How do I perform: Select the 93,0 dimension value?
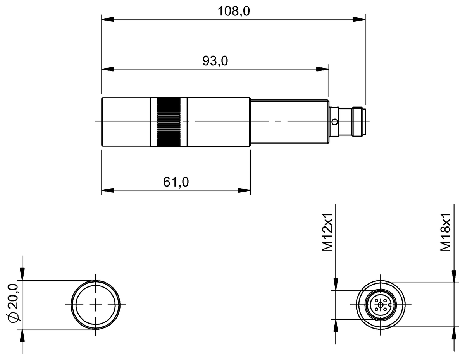tap(215, 61)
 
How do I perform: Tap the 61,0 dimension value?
tap(176, 182)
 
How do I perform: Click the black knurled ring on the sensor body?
tap(169, 122)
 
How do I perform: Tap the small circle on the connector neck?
tap(334, 122)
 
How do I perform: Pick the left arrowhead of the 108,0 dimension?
tap(108, 19)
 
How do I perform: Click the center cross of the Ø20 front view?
tap(95, 305)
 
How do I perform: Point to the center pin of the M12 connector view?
tap(381, 305)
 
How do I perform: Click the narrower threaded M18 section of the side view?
tap(289, 122)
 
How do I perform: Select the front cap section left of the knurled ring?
tap(126, 122)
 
